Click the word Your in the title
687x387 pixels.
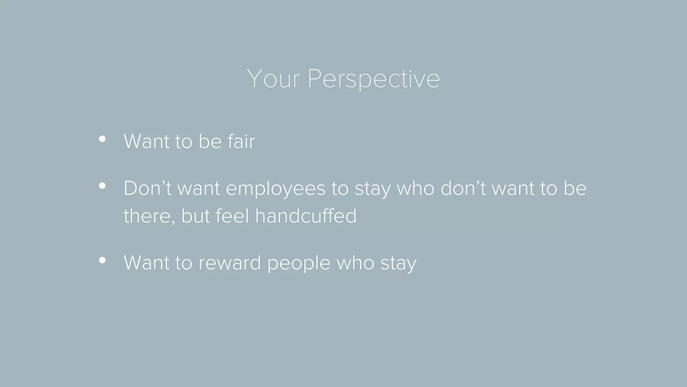[273, 79]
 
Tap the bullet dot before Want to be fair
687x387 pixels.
[102, 139]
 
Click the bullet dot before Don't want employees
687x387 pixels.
[102, 186]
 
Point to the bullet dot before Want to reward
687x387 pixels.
[102, 260]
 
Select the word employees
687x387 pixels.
[275, 189]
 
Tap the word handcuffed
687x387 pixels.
[306, 216]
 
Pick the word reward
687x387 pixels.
[229, 263]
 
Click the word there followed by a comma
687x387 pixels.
[149, 216]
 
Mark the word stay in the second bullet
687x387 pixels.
[373, 189]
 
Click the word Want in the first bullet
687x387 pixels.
[146, 141]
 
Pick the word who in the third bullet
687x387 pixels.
[355, 263]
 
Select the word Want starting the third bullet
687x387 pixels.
[146, 263]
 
